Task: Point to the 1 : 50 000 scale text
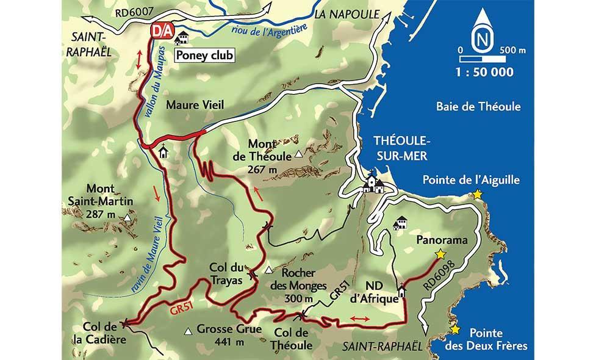tap(484, 72)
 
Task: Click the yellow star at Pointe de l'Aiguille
tap(477, 194)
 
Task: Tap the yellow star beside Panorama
tap(439, 254)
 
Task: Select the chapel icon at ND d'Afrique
tap(402, 292)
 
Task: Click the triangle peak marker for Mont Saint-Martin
tap(127, 217)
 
